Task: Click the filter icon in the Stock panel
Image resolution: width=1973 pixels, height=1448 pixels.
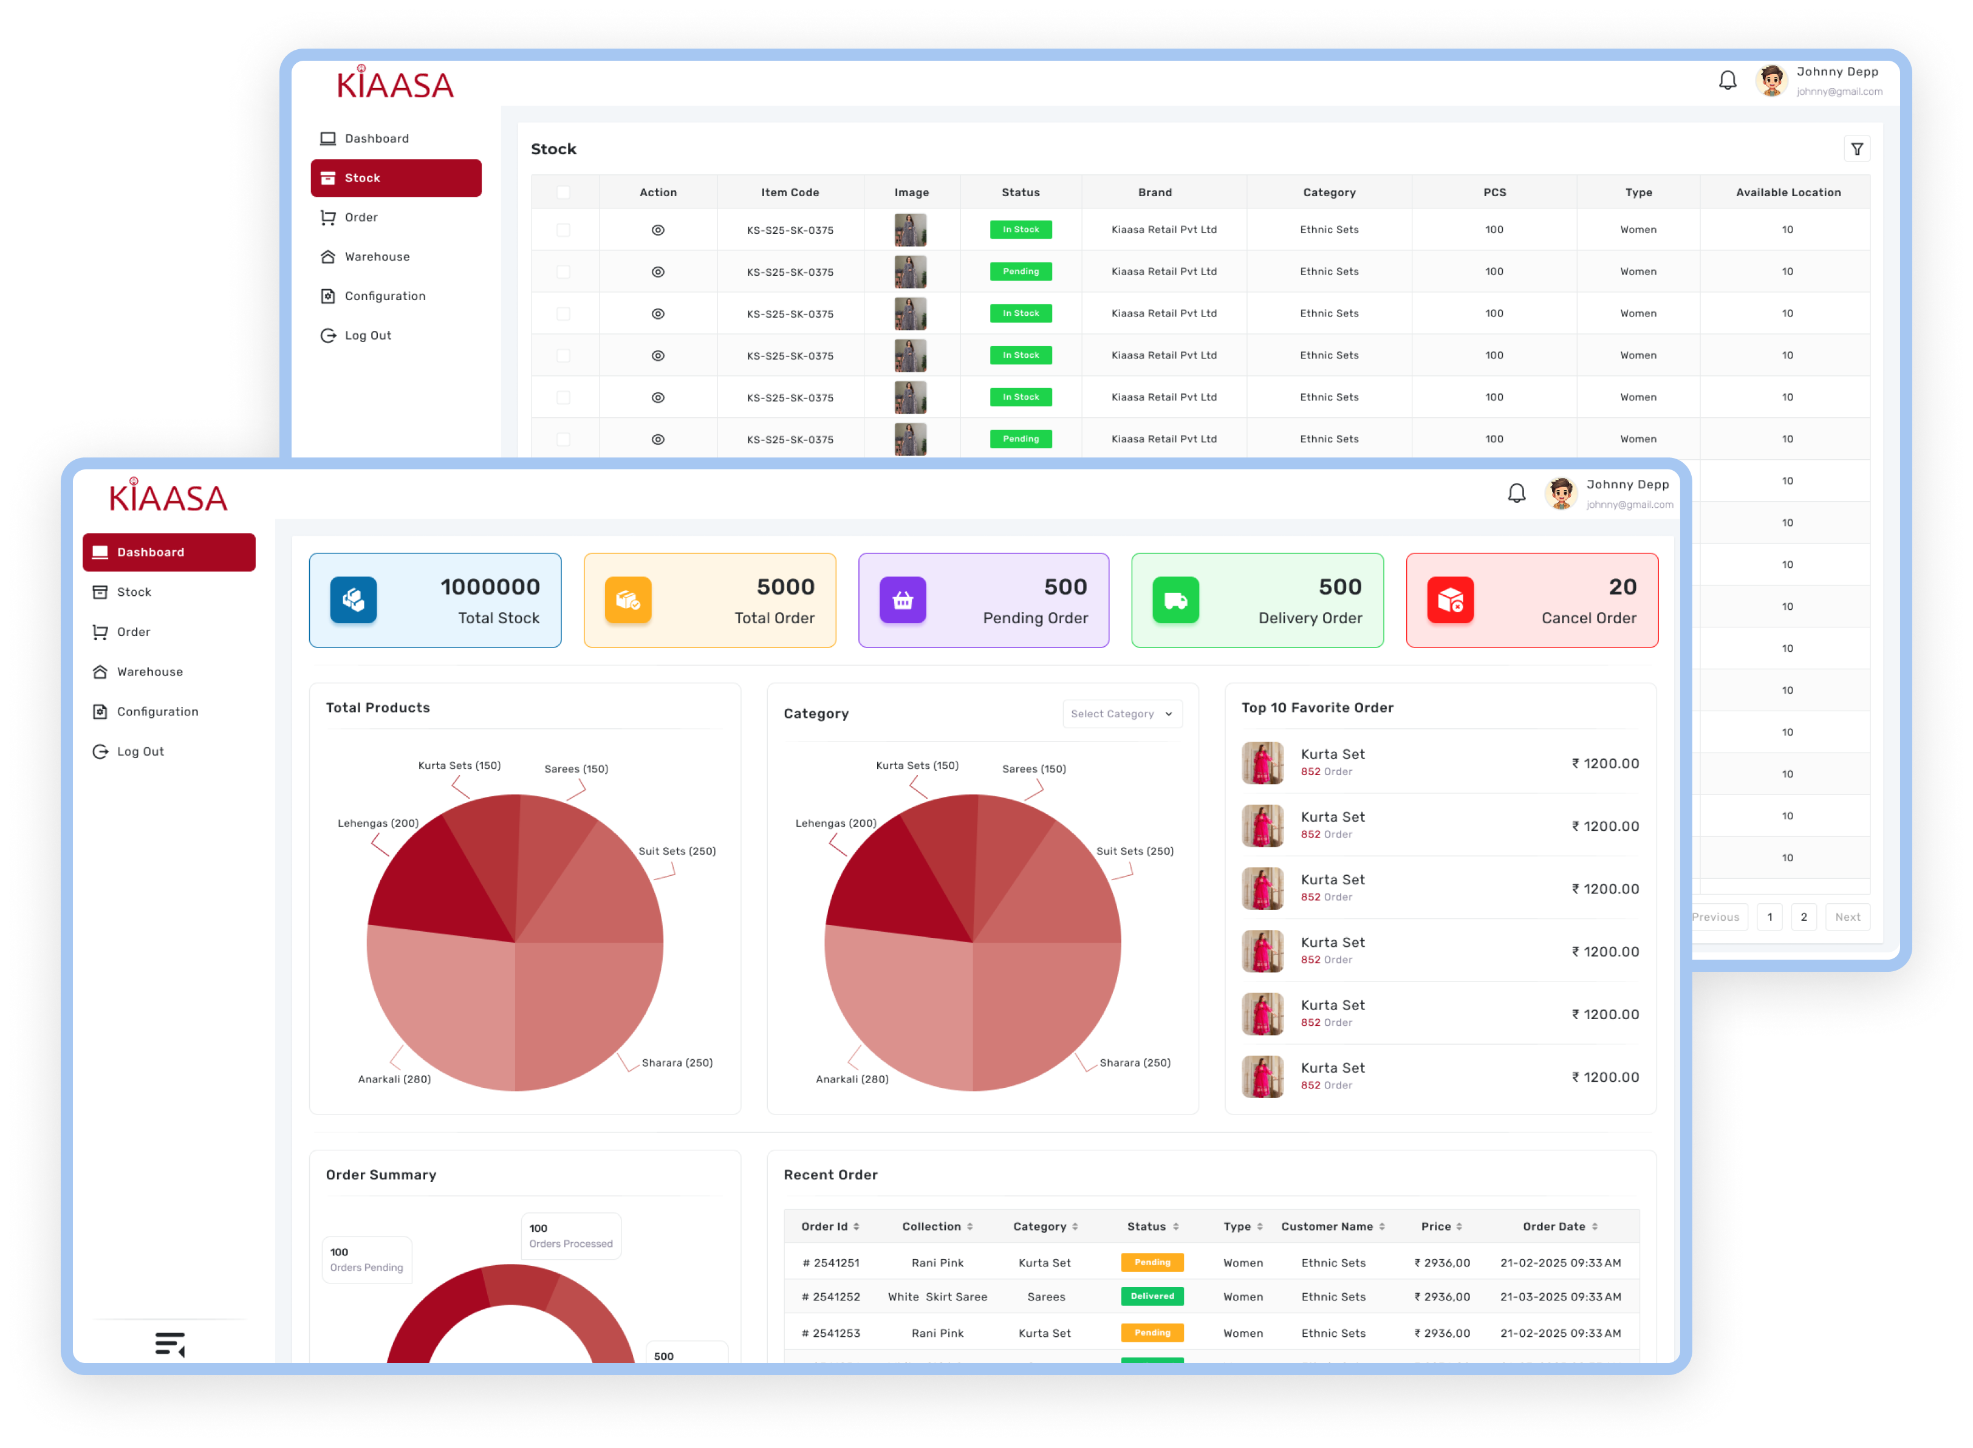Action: [1856, 149]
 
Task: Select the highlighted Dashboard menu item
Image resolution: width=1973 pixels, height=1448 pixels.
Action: [168, 552]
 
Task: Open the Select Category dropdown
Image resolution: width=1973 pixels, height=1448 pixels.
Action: [1121, 714]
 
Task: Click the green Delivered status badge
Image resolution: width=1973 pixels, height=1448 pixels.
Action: [1152, 1296]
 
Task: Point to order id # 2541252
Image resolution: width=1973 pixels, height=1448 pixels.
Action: [831, 1297]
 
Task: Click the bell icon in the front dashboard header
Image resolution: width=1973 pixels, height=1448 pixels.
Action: [1516, 493]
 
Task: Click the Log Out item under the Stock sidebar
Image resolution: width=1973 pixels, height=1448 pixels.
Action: [368, 336]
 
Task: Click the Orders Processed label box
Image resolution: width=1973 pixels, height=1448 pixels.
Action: [570, 1236]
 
